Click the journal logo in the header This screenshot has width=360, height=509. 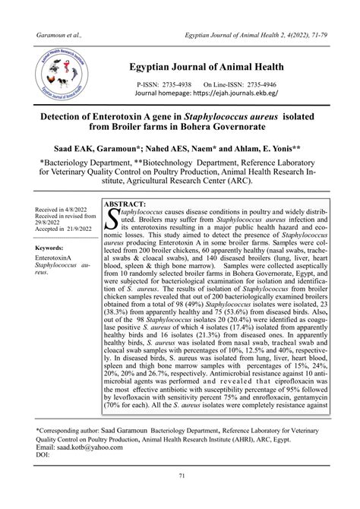63,79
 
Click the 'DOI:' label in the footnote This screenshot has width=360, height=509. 45,457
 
